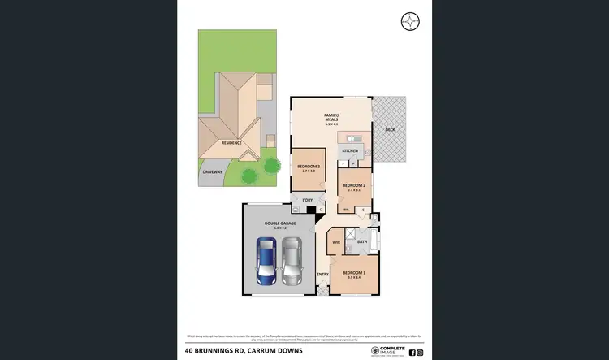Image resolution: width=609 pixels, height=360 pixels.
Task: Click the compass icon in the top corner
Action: (410, 21)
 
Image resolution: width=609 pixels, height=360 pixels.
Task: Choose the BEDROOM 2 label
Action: (353, 185)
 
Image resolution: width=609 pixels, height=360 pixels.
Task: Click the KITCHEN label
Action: (350, 151)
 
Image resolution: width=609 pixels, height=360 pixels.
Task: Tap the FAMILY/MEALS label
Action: (331, 116)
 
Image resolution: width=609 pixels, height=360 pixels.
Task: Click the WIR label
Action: (335, 241)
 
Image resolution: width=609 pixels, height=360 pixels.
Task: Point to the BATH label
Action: (362, 241)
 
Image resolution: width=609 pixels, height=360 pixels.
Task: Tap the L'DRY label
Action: (307, 200)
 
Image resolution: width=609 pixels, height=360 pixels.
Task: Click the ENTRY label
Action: (323, 274)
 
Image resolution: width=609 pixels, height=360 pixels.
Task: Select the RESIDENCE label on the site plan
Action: (231, 143)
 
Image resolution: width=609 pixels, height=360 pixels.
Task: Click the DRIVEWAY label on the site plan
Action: (212, 171)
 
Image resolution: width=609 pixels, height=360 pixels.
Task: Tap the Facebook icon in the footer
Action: (412, 353)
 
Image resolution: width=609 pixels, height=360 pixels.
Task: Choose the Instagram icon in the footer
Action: (420, 353)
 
